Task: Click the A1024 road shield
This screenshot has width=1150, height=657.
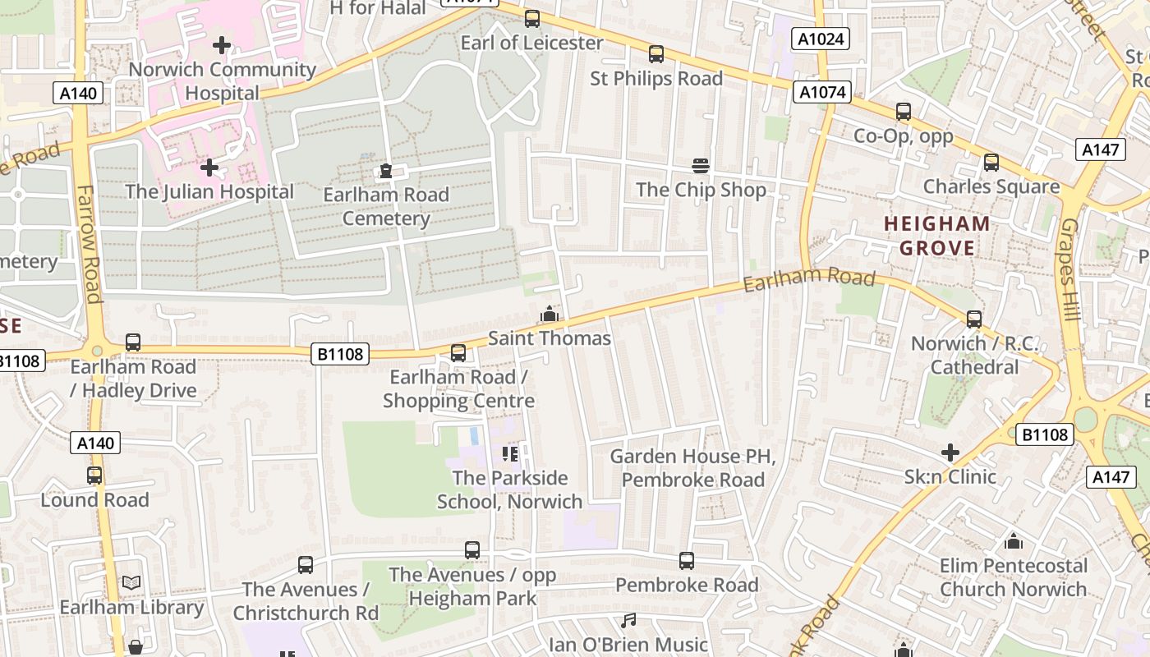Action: click(x=821, y=39)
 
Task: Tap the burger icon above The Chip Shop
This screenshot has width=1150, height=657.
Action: click(x=700, y=166)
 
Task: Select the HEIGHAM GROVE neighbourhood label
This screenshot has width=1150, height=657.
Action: click(x=937, y=236)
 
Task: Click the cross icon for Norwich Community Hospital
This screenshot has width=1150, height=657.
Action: click(x=222, y=44)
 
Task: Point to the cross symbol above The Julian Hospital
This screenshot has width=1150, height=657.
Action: click(x=209, y=168)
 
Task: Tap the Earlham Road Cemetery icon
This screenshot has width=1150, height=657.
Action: click(x=385, y=171)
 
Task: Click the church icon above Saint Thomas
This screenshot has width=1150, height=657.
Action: click(x=549, y=314)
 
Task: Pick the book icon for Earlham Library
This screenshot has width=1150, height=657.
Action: click(x=131, y=582)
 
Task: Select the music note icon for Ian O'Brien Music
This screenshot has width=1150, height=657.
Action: click(x=628, y=620)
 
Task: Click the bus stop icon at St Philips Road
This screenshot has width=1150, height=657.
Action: click(x=655, y=54)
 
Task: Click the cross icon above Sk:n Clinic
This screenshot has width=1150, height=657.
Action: click(x=950, y=452)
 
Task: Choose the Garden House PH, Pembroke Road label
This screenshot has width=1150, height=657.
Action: click(x=693, y=467)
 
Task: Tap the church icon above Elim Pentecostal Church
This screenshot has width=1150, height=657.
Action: click(x=1014, y=541)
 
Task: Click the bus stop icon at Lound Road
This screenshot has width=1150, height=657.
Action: click(x=94, y=476)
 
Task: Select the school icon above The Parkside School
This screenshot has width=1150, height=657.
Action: click(x=509, y=453)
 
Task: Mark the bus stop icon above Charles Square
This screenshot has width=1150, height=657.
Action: click(x=991, y=163)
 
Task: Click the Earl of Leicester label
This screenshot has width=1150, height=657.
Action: click(x=531, y=43)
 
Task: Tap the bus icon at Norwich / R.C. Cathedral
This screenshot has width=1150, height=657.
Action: click(x=974, y=319)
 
